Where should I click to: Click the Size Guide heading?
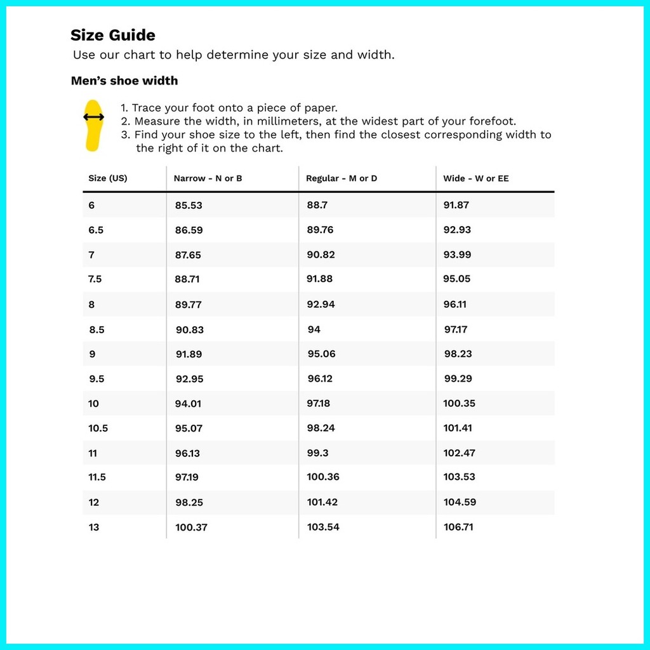pos(113,36)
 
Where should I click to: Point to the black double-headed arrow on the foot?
pos(94,117)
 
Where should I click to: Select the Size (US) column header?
pos(108,178)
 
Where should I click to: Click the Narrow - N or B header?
pos(208,178)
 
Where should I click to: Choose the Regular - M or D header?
pos(342,178)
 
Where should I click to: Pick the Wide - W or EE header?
pos(476,178)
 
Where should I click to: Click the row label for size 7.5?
pos(95,279)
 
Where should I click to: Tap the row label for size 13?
pos(94,527)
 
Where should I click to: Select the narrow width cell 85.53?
pos(189,205)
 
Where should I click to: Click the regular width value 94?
pos(314,329)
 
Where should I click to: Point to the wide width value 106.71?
pos(458,527)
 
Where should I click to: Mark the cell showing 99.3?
pos(319,453)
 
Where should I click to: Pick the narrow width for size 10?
pos(189,403)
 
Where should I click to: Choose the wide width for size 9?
pos(458,354)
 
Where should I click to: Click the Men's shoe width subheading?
pos(124,81)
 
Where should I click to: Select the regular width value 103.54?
pos(323,527)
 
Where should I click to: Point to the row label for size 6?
pos(92,205)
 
